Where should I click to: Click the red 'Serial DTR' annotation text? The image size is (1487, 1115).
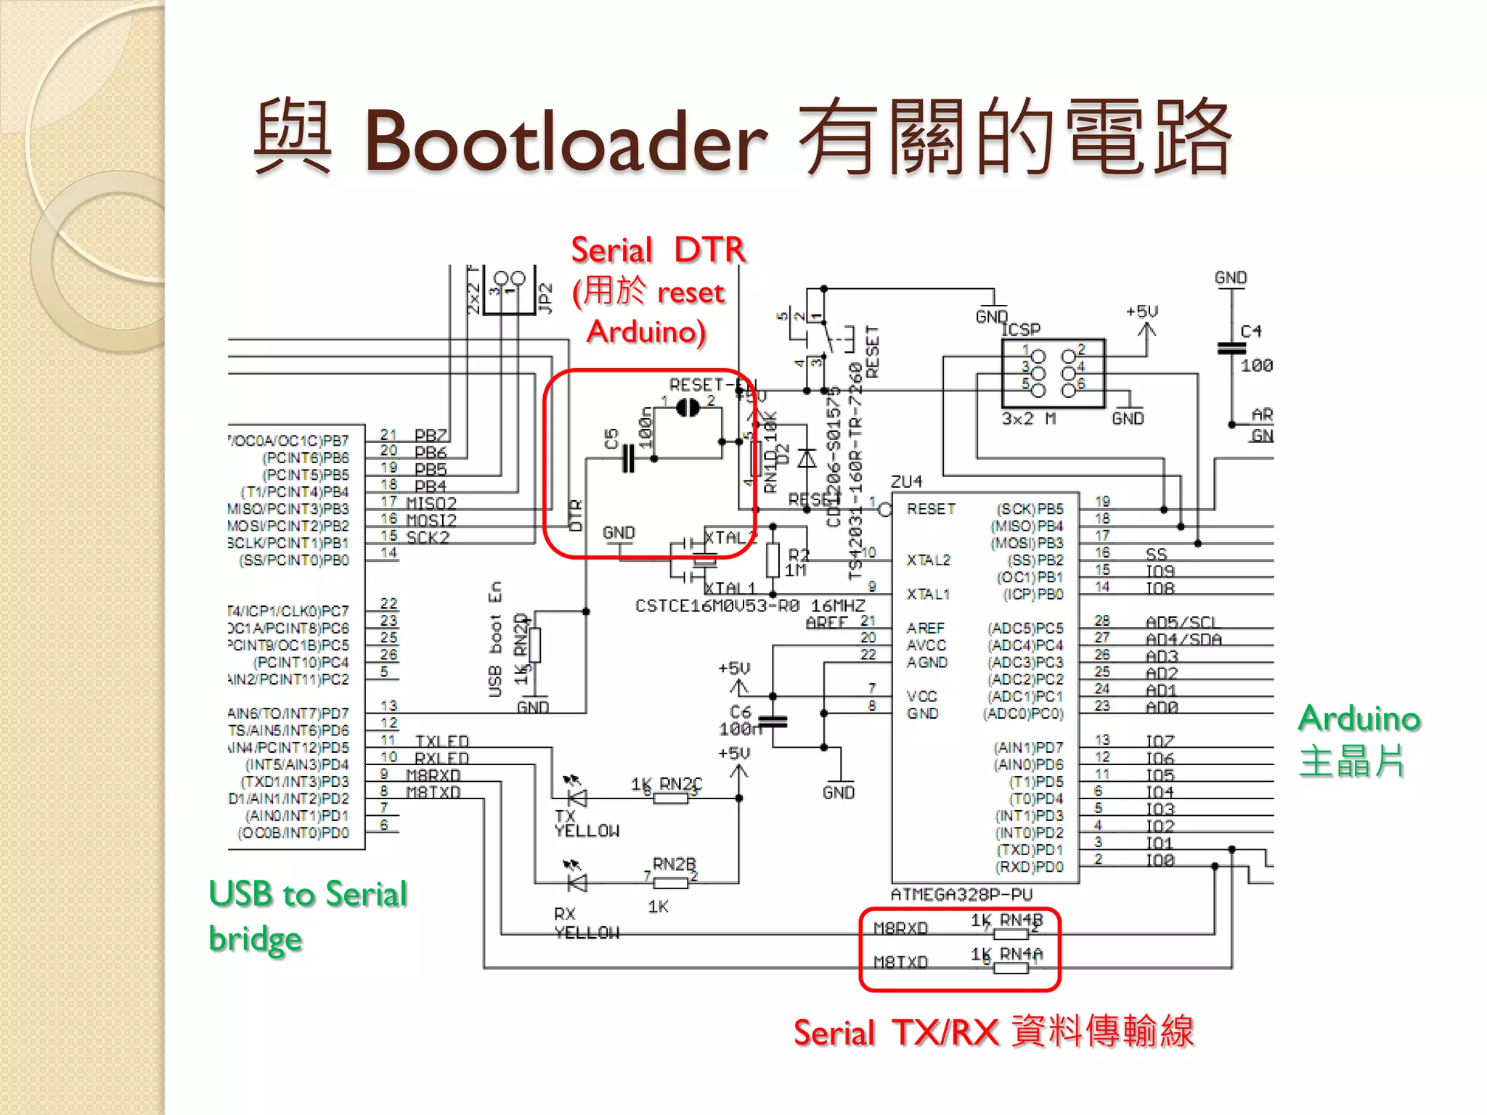point(658,250)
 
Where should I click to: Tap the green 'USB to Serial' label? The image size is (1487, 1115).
point(307,894)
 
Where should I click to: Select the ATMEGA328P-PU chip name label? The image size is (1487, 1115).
point(961,895)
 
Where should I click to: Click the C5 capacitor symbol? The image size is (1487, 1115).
point(628,459)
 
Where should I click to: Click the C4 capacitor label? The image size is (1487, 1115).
point(1251,332)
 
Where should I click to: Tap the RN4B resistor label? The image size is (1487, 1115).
point(1020,920)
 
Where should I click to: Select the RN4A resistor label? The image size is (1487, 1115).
point(1020,954)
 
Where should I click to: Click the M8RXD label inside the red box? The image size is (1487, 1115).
point(901,928)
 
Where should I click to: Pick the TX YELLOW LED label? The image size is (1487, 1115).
point(586,824)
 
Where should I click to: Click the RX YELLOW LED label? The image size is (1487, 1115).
point(586,923)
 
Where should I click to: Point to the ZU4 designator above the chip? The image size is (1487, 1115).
point(907,482)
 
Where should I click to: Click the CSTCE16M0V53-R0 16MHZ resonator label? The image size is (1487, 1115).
point(750,606)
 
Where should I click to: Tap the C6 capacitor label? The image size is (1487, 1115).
point(740,712)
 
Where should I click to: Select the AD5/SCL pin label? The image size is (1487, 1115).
point(1181,622)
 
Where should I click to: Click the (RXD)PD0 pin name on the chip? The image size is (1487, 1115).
point(1029,867)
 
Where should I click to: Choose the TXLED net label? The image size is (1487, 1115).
point(442,741)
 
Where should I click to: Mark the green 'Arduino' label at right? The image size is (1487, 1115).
point(1358,719)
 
